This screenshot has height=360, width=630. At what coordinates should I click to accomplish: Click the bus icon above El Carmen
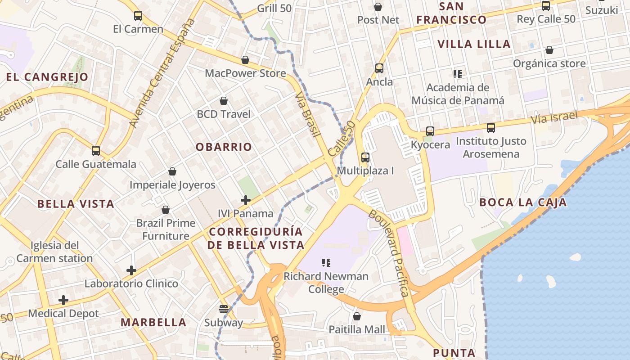coord(138,16)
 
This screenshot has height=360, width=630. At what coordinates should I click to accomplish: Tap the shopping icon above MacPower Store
coord(245,60)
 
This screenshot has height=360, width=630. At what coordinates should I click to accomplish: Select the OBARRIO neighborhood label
coord(224,147)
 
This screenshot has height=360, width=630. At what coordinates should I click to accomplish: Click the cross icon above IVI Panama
coord(246,200)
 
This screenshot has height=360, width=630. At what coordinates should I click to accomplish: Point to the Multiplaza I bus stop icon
coord(365,157)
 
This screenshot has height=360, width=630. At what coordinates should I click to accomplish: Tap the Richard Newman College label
coord(326,283)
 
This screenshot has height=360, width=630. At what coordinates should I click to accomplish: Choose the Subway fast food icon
coord(224,309)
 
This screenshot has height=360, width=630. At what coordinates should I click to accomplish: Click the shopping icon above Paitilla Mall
coord(357,316)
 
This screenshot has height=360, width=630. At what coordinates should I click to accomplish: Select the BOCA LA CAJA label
coord(523,202)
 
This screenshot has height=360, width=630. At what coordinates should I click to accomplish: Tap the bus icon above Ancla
coord(379,68)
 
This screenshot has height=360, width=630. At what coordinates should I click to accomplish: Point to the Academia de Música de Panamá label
coord(458,94)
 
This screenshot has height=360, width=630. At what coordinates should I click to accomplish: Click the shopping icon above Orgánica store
coord(549,50)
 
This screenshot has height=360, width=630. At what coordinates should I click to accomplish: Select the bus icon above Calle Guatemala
coord(96,150)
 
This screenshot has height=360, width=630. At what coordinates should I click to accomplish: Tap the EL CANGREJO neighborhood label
coord(47,77)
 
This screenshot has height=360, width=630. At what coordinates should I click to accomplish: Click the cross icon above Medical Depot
coord(63,300)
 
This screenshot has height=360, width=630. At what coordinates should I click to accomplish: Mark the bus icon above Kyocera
coord(430,131)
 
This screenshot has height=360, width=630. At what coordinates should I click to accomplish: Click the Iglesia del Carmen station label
coord(54,252)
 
